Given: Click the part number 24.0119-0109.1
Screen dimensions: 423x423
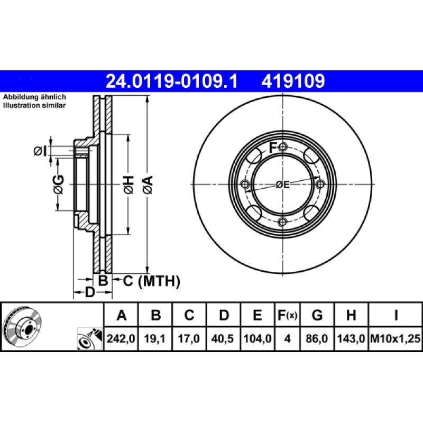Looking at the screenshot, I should [x=172, y=81].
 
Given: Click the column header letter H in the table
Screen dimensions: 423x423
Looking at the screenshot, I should [x=351, y=316].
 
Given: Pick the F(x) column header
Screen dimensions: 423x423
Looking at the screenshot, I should [x=288, y=316].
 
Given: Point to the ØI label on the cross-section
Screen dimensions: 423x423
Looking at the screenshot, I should [x=40, y=152].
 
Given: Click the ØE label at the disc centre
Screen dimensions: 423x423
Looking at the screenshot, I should [x=283, y=185].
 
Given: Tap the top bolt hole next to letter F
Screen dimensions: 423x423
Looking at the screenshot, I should [x=283, y=146].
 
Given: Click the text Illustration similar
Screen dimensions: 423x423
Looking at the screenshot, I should [x=34, y=106].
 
